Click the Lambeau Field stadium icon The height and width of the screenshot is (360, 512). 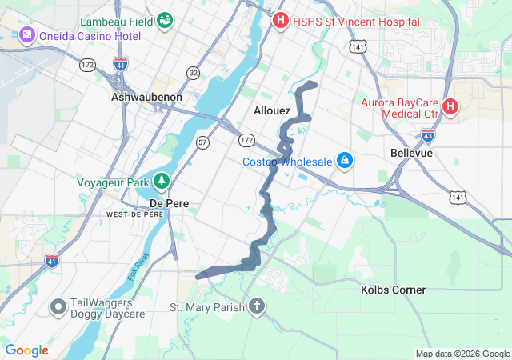[x=166, y=19]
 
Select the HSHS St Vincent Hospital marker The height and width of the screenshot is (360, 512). [x=280, y=20]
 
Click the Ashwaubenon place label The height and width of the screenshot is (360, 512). [x=146, y=97]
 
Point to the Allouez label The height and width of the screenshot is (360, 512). [x=272, y=110]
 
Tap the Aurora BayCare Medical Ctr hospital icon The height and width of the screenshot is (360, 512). [x=450, y=106]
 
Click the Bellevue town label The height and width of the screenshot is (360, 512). [x=411, y=152]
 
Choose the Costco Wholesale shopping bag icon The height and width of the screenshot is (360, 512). [x=345, y=162]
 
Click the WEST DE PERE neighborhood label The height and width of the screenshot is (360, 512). [x=134, y=214]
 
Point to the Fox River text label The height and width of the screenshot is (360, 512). [x=138, y=266]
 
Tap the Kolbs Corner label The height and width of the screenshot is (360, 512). [x=393, y=290]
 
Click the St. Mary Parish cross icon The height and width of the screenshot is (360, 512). [x=257, y=306]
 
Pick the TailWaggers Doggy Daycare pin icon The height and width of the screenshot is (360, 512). [x=58, y=306]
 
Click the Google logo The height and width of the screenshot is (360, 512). [x=27, y=350]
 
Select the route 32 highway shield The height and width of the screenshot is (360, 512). [x=193, y=73]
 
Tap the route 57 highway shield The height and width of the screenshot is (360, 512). [x=203, y=142]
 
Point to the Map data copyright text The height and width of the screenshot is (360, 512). [x=462, y=354]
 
